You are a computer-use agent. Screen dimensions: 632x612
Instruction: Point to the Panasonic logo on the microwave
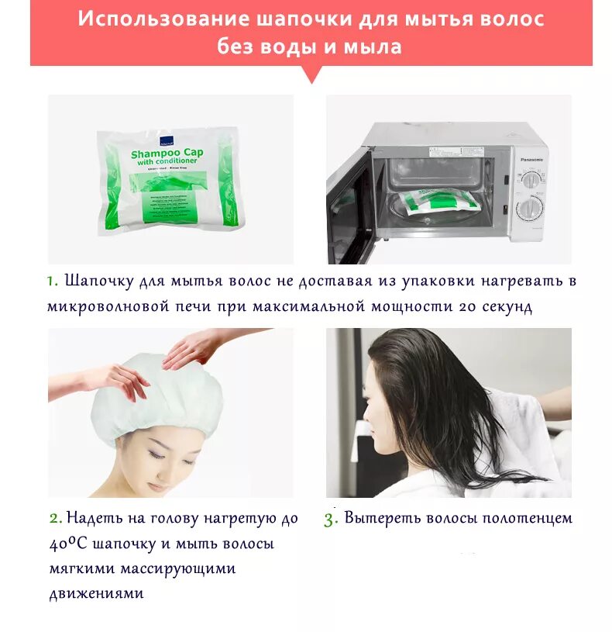[531, 159]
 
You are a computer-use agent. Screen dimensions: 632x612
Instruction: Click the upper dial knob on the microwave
[531, 180]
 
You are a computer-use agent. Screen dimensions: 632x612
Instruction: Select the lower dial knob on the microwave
[531, 208]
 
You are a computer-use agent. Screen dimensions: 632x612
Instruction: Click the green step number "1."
[52, 281]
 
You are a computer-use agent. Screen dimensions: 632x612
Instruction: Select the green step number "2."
[55, 518]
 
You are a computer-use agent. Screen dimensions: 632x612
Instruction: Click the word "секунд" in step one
[504, 306]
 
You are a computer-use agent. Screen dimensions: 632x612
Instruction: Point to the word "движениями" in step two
[96, 594]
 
